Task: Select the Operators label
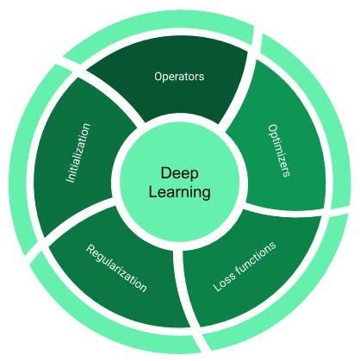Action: click(179, 77)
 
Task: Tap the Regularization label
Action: click(116, 268)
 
